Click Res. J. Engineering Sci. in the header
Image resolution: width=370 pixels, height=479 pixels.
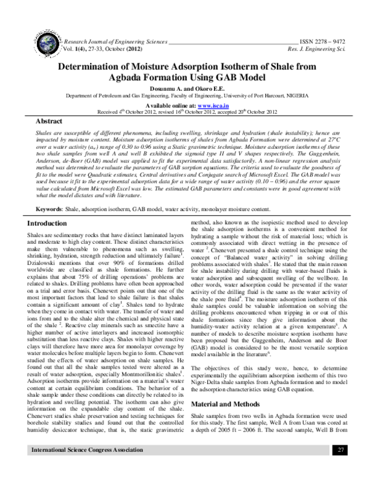[321, 46]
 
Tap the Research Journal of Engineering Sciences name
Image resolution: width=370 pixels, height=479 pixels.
[112, 38]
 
